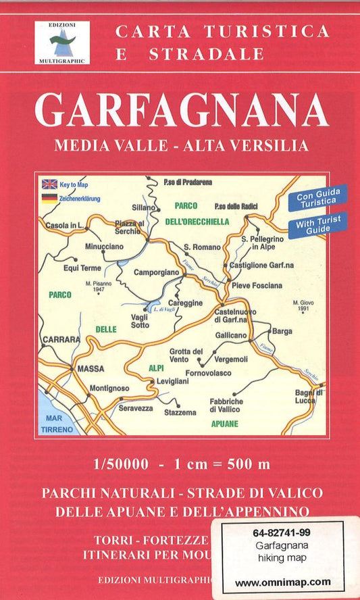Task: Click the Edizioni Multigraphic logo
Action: (x=61, y=43)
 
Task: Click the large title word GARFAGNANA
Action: (x=182, y=110)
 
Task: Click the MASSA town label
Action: (x=91, y=369)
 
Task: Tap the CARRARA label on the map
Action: (x=61, y=339)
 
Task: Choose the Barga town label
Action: (x=282, y=332)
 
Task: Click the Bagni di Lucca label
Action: (x=310, y=397)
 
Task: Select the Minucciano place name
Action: (x=103, y=247)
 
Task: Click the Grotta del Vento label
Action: (x=186, y=355)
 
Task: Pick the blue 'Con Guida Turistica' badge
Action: (x=318, y=199)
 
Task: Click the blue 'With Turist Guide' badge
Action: (x=318, y=224)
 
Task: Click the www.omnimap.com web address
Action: (x=283, y=581)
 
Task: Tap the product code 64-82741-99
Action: (x=283, y=533)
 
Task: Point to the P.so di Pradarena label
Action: (x=188, y=182)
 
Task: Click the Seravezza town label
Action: (x=137, y=407)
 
